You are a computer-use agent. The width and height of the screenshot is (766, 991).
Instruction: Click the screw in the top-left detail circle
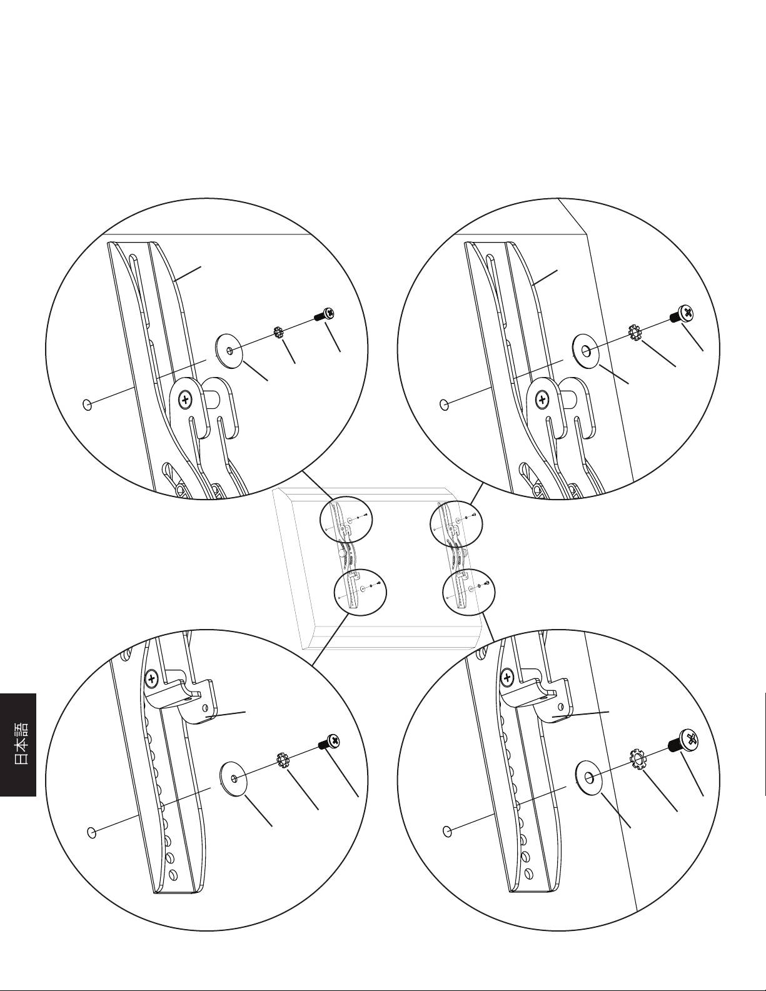click(324, 314)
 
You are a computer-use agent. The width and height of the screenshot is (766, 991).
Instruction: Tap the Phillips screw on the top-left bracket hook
click(185, 400)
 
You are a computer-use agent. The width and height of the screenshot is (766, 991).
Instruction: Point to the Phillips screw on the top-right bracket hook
click(542, 400)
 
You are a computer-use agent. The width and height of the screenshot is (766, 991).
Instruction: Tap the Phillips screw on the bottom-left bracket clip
click(151, 678)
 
